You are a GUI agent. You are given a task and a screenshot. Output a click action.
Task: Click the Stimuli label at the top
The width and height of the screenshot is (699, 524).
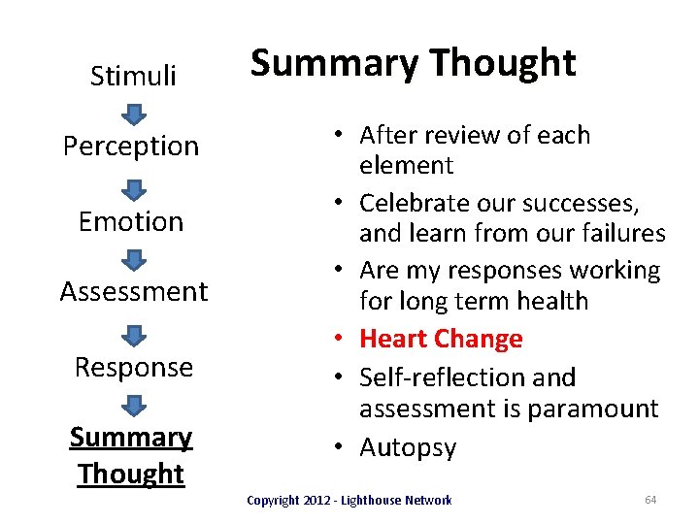(x=133, y=76)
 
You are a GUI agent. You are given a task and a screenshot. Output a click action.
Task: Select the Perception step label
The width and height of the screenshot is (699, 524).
(x=131, y=147)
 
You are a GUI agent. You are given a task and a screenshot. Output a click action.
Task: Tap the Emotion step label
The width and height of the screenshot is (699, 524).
(x=131, y=221)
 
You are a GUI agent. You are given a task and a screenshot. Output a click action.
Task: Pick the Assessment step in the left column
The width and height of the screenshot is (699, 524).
(x=134, y=291)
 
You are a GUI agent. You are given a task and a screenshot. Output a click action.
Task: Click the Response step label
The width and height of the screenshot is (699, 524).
(x=134, y=367)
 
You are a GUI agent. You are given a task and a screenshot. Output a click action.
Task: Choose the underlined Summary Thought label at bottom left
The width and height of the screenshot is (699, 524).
(x=131, y=455)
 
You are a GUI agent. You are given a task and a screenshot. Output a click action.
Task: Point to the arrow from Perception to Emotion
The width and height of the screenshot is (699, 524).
(x=134, y=187)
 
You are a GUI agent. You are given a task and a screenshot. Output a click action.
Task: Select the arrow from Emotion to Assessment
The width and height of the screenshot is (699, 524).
(x=134, y=259)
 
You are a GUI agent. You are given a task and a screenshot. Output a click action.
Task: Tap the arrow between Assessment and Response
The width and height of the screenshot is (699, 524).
(x=134, y=333)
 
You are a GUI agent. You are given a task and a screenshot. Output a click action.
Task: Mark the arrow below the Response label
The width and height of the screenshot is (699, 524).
(x=134, y=404)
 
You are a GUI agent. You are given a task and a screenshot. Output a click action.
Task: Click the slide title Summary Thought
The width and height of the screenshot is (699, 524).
(x=413, y=63)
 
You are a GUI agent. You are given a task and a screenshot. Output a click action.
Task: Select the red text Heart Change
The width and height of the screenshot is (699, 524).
(x=441, y=339)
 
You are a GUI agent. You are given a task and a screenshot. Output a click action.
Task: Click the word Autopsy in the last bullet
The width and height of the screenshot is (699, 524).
(x=408, y=447)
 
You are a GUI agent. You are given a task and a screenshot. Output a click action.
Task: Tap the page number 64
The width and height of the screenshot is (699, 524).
(x=650, y=500)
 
